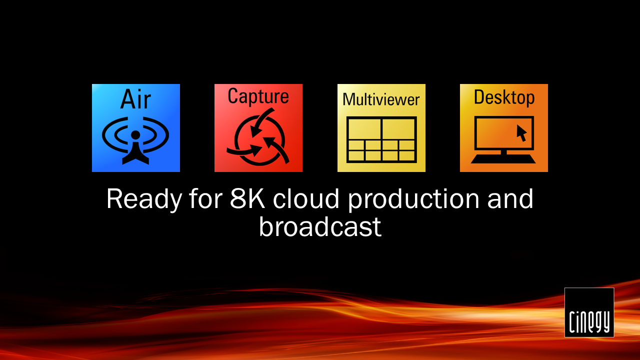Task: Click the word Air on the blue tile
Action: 135,99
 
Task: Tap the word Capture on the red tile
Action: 258,96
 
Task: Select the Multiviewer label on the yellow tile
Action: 381,99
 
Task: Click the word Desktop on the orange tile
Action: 504,97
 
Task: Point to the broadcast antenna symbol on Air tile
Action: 135,140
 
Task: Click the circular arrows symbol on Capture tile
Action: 258,136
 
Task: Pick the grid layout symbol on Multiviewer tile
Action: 381,139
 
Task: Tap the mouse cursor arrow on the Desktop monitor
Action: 521,133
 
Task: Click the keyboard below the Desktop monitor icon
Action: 503,159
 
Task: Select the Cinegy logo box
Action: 589,312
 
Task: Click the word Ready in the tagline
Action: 144,199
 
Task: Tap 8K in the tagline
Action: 247,198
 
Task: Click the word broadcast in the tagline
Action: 320,226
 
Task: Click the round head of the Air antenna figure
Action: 135,135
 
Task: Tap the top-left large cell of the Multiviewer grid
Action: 364,129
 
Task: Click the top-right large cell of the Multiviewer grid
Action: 398,129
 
